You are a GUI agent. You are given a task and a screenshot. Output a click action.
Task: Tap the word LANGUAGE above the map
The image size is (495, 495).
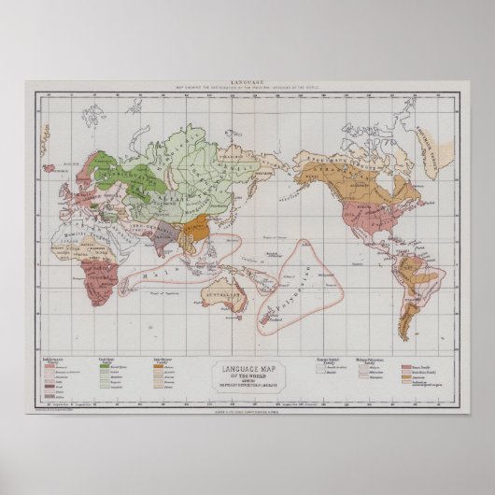pyautogui.click(x=247, y=84)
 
